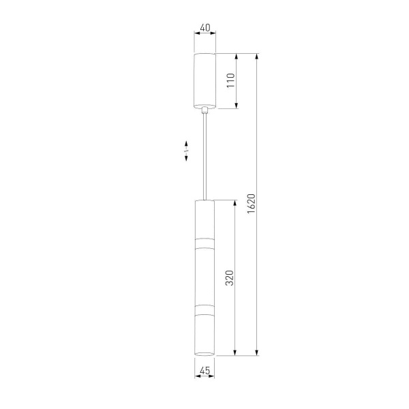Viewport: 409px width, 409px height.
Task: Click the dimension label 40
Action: tap(205, 28)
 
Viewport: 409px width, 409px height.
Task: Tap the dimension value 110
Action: tap(231, 80)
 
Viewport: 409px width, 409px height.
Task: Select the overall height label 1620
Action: tap(251, 204)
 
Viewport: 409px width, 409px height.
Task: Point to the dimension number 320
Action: tap(230, 278)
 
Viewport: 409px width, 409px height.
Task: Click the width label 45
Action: tap(204, 370)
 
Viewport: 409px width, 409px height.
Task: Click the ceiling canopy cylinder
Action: tap(205, 80)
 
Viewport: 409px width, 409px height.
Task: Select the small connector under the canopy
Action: tap(205, 110)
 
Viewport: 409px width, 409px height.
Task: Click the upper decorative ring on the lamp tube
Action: tap(204, 243)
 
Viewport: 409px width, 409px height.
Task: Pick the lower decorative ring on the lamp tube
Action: tap(204, 309)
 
